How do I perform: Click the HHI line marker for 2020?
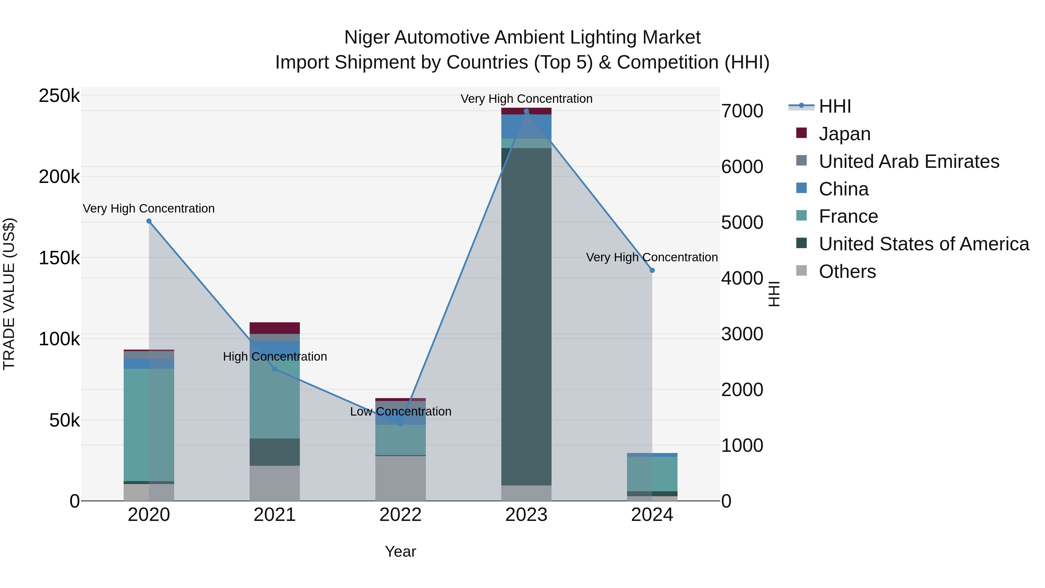tap(149, 221)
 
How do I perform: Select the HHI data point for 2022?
tap(400, 424)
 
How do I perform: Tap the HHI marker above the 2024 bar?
tap(652, 270)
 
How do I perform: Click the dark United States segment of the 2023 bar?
tap(526, 317)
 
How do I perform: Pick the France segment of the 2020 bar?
tap(149, 424)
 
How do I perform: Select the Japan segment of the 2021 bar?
tap(275, 328)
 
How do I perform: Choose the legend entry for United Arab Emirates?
tap(909, 161)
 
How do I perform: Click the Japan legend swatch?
tap(801, 133)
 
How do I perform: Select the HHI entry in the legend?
tap(835, 106)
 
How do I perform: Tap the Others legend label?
tap(847, 271)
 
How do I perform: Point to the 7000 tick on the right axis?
tap(742, 111)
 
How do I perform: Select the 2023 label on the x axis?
tap(526, 515)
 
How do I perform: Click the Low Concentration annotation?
tap(400, 411)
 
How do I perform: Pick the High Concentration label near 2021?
tap(275, 357)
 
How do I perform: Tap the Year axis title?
tap(400, 551)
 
